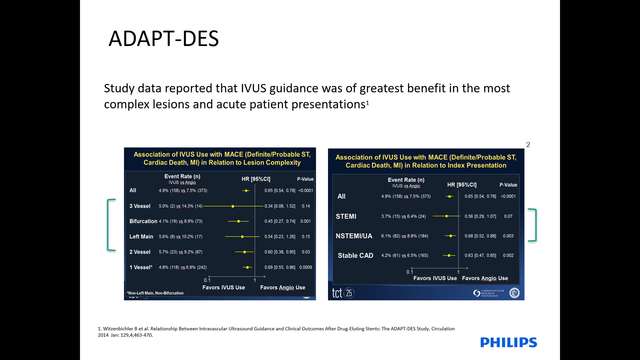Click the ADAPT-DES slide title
(x=164, y=38)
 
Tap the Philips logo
(x=509, y=342)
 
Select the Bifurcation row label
(x=143, y=221)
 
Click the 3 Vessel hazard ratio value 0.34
(x=268, y=206)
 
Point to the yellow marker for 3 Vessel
(x=233, y=206)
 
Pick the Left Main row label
(x=141, y=237)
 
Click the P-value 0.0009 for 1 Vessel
(x=306, y=267)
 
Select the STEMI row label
(x=346, y=216)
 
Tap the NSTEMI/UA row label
(x=354, y=236)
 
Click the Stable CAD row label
(x=356, y=256)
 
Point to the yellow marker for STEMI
(x=446, y=216)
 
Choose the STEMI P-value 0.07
(x=508, y=216)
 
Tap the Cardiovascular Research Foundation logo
(x=489, y=293)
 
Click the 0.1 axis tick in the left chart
(x=207, y=280)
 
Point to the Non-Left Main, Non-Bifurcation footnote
(x=155, y=293)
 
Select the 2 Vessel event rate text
(x=181, y=252)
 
